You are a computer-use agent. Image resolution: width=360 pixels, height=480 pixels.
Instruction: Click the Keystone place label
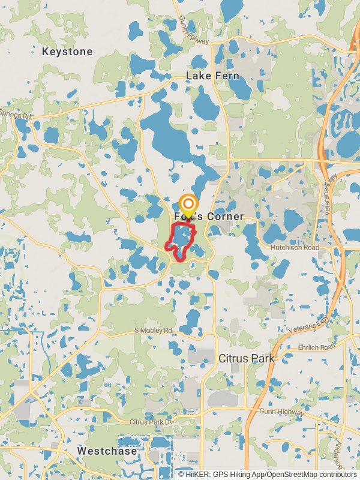(x=67, y=52)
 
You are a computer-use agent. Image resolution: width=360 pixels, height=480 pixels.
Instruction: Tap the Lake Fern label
(x=212, y=76)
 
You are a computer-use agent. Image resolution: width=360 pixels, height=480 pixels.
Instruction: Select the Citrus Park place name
(x=246, y=358)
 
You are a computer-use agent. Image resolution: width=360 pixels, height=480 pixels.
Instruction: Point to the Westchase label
(x=107, y=451)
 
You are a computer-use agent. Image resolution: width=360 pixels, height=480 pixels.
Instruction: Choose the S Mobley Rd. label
(x=154, y=331)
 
